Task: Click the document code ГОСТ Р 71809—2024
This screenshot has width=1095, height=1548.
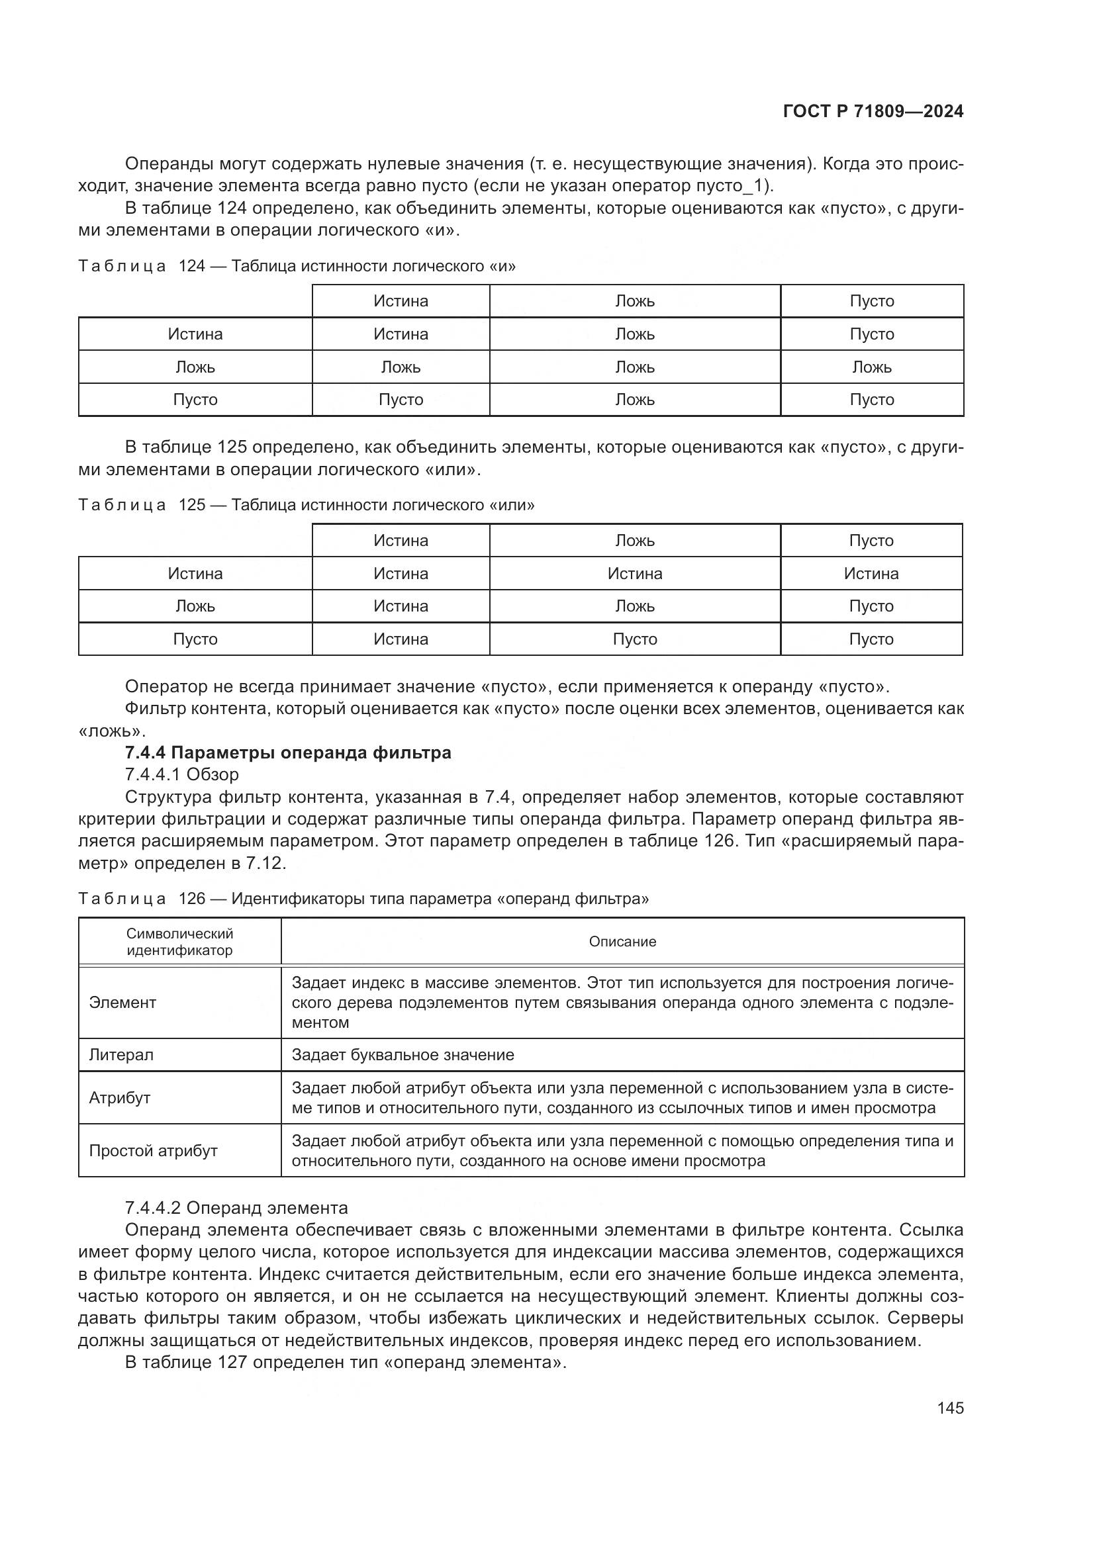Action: click(x=873, y=112)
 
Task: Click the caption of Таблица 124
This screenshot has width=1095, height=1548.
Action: click(x=297, y=266)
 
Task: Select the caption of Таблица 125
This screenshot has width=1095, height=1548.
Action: click(x=306, y=505)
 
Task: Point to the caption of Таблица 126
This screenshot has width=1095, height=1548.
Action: click(x=363, y=899)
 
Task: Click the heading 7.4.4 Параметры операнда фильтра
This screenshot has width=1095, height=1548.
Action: click(x=288, y=752)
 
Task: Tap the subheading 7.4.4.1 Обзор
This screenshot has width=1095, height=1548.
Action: click(x=181, y=774)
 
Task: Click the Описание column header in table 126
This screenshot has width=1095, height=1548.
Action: click(x=622, y=942)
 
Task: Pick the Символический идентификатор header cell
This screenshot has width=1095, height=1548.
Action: click(x=179, y=942)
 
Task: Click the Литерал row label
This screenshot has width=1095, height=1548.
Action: click(x=121, y=1055)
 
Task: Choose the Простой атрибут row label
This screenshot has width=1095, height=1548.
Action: click(x=153, y=1151)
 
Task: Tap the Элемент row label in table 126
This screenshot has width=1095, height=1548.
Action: click(x=122, y=1003)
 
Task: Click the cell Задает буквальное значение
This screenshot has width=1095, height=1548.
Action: click(x=403, y=1055)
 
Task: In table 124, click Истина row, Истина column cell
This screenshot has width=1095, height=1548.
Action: click(x=401, y=334)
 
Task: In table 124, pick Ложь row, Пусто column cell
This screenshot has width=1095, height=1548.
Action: click(x=871, y=367)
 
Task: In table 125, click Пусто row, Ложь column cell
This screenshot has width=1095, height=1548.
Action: click(x=634, y=639)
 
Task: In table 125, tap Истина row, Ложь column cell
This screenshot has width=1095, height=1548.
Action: click(x=634, y=574)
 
